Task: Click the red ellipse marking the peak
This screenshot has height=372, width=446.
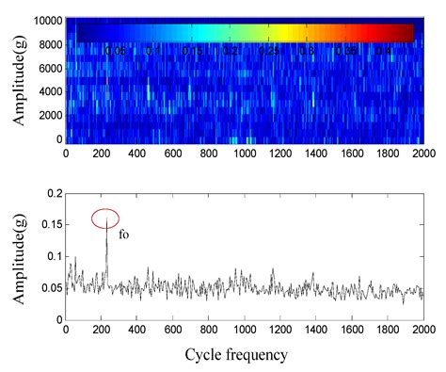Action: click(x=105, y=218)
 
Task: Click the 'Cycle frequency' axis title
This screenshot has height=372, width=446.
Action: click(x=244, y=355)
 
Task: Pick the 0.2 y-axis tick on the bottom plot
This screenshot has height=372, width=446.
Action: click(x=52, y=192)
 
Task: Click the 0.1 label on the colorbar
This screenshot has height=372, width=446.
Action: click(x=154, y=51)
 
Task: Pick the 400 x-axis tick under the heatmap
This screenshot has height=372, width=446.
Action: click(x=136, y=151)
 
